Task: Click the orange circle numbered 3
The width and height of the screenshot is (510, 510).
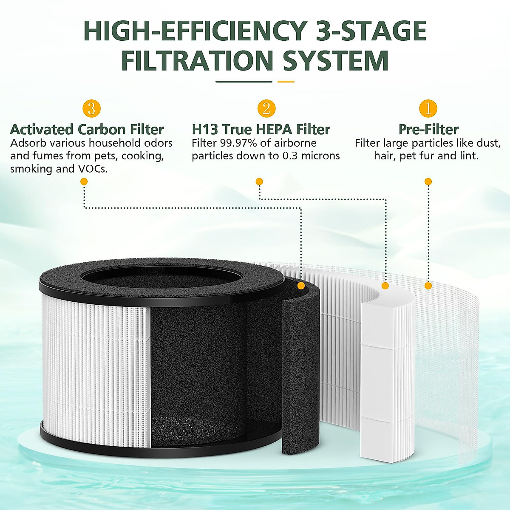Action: coord(91,109)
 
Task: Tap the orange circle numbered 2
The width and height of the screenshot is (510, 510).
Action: coord(266,109)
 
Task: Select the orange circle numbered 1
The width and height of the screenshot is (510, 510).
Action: coord(428,109)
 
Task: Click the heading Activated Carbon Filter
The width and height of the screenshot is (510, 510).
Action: coord(87,129)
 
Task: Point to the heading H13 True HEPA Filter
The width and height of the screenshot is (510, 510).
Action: coord(261,129)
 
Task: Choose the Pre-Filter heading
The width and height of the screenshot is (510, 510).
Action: coord(428,129)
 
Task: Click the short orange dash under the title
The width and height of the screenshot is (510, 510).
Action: coord(286,82)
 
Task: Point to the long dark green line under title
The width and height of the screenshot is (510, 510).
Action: coord(244,82)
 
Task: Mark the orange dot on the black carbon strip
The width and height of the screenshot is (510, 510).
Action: coord(300,286)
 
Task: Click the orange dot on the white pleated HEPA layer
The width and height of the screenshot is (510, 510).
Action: coord(385,286)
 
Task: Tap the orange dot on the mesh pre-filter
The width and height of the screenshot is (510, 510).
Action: coord(428,286)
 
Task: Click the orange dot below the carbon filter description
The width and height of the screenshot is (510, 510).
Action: coord(84,181)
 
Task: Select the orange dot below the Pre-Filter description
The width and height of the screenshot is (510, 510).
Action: coord(428,181)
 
